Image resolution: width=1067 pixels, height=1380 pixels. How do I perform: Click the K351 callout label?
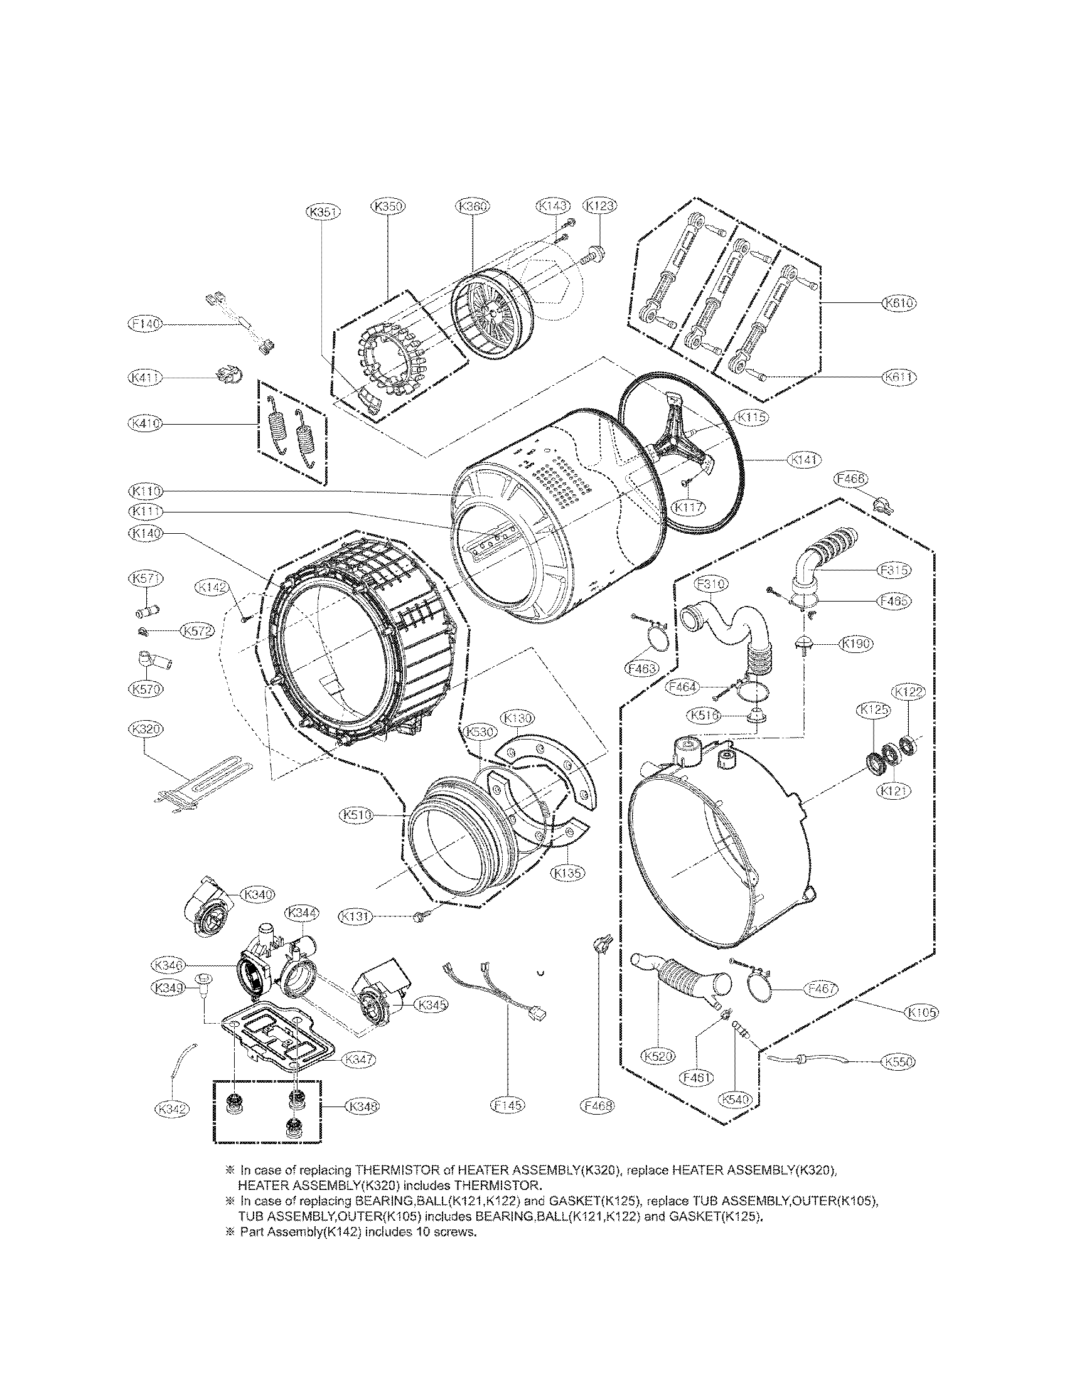[323, 213]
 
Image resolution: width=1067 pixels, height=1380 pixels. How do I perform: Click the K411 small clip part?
[229, 375]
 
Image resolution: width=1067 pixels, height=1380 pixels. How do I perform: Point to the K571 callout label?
[146, 578]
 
